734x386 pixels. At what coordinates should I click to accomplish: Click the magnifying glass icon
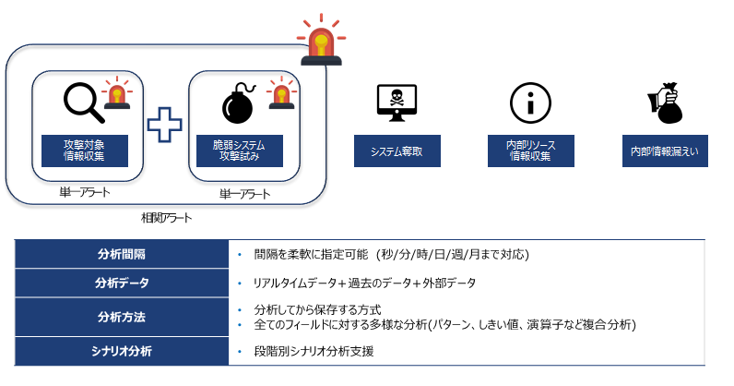click(x=83, y=103)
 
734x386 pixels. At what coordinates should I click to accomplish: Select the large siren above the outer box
click(x=320, y=42)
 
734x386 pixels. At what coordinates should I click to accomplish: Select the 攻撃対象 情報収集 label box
click(x=84, y=151)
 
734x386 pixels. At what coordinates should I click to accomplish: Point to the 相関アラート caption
click(x=166, y=218)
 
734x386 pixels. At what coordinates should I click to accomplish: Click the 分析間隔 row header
click(x=122, y=255)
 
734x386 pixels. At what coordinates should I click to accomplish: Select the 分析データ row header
click(x=122, y=283)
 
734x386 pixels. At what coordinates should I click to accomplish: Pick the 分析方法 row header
click(x=122, y=317)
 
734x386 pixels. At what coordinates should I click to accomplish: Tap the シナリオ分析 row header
click(x=122, y=351)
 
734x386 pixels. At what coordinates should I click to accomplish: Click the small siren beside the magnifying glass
click(x=116, y=93)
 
